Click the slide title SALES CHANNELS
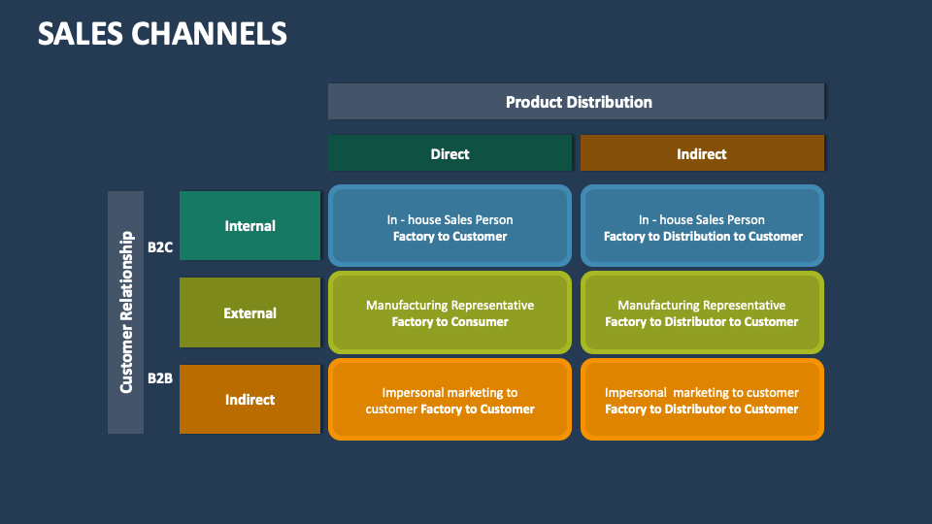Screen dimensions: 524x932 162,33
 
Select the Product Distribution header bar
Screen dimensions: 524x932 577,101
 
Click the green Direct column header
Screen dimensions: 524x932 449,153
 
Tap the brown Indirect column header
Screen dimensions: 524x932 701,153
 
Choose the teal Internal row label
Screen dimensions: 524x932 250,225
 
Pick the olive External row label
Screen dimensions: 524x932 250,312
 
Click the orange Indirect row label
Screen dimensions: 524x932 250,399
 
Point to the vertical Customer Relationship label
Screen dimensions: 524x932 126,311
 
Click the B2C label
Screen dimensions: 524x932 160,247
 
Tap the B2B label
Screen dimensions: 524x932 160,377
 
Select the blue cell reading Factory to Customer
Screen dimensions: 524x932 449,226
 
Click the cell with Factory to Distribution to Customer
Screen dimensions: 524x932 702,226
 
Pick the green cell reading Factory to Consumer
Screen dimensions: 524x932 449,312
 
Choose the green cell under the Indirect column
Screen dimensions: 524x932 702,312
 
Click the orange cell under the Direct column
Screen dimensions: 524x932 449,400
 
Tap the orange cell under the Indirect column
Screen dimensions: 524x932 702,400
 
